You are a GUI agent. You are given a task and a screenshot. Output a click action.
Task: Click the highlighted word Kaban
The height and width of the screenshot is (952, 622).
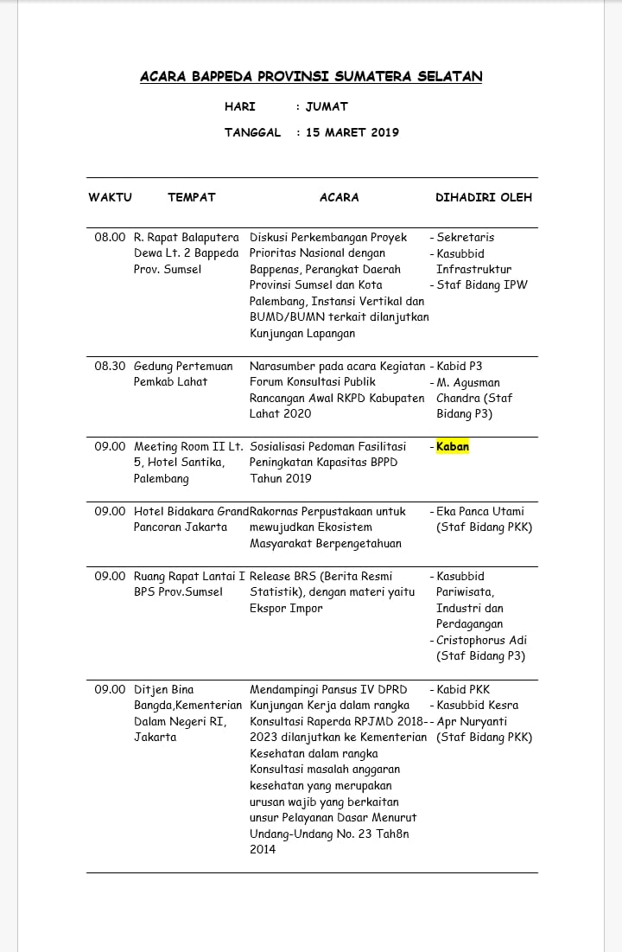pyautogui.click(x=453, y=447)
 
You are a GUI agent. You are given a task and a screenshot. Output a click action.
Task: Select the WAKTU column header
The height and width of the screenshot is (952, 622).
pyautogui.click(x=110, y=197)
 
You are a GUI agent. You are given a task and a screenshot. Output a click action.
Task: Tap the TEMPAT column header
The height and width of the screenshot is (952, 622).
pyautogui.click(x=192, y=197)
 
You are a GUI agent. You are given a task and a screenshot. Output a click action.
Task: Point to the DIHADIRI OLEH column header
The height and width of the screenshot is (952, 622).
pyautogui.click(x=484, y=197)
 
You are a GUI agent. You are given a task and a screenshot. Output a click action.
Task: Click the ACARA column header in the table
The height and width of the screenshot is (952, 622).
pyautogui.click(x=340, y=197)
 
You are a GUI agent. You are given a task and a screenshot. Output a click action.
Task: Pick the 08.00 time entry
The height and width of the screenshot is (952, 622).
pyautogui.click(x=110, y=237)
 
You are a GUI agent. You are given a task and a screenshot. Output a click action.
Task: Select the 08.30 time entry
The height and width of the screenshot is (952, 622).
pyautogui.click(x=110, y=366)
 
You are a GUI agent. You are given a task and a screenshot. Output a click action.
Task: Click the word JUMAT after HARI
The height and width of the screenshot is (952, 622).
pyautogui.click(x=327, y=106)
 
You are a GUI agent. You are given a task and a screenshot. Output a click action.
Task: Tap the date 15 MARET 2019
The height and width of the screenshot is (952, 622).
pyautogui.click(x=352, y=132)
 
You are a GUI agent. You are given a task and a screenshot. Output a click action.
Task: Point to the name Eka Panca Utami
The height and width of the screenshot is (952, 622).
pyautogui.click(x=480, y=511)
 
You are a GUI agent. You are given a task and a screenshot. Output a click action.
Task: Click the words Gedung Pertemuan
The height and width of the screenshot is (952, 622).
pyautogui.click(x=183, y=366)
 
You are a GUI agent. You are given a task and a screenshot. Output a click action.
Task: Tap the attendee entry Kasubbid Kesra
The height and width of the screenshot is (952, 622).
pyautogui.click(x=478, y=706)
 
